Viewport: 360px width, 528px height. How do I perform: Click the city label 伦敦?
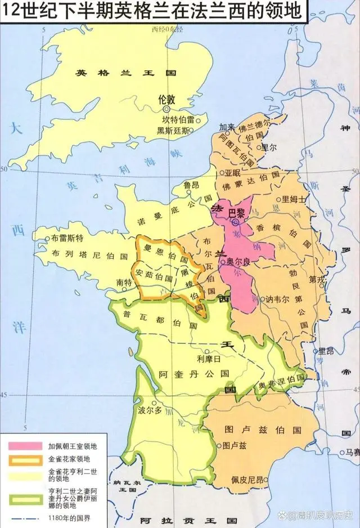pyautogui.click(x=168, y=99)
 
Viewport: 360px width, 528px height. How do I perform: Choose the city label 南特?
pyautogui.click(x=124, y=282)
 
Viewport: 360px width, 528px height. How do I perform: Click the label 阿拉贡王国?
pyautogui.click(x=179, y=521)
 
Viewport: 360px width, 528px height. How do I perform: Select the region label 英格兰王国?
pyautogui.click(x=126, y=73)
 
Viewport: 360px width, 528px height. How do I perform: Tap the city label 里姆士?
pyautogui.click(x=295, y=199)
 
